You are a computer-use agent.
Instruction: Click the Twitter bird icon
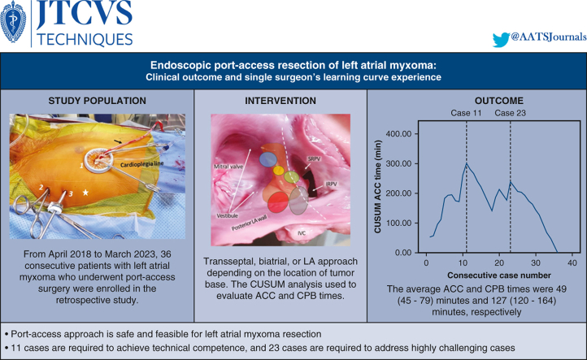click(502, 40)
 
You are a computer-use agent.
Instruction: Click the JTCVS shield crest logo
click(13, 22)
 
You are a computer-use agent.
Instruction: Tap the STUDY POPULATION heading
click(97, 101)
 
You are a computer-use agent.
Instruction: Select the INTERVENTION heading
click(280, 101)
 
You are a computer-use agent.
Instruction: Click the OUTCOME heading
click(498, 101)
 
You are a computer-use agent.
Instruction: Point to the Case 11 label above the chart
click(466, 113)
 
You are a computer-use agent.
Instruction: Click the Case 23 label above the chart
click(510, 113)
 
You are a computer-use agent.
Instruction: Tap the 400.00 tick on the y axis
click(398, 134)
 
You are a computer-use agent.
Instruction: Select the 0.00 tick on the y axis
click(403, 253)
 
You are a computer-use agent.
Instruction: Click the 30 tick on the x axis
click(535, 262)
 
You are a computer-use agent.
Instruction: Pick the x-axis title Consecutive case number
click(499, 275)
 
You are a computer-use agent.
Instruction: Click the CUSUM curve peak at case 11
click(467, 163)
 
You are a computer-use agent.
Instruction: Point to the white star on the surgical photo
click(85, 193)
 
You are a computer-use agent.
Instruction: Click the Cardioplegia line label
click(142, 164)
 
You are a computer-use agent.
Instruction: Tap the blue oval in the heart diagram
click(268, 160)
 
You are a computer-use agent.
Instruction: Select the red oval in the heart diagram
click(278, 202)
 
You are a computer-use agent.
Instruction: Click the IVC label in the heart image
click(302, 233)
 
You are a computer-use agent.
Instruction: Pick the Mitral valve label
click(228, 167)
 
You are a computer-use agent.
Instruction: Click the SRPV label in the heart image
click(314, 159)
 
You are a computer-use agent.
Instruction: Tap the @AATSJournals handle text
click(549, 37)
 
